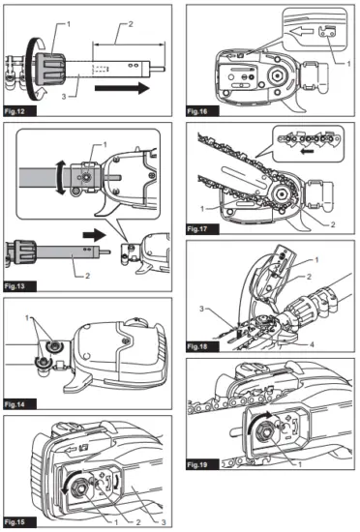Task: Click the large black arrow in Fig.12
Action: [x=124, y=88]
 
